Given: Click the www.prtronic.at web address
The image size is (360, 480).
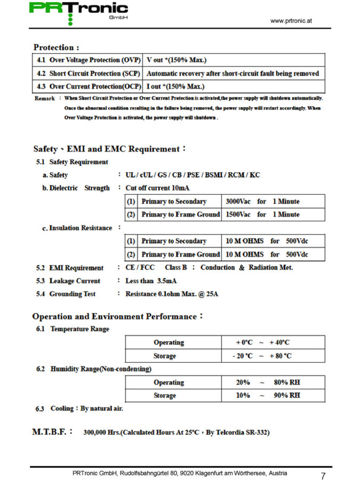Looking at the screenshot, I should coord(291,21).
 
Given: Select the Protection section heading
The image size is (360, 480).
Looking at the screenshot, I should coord(56,47).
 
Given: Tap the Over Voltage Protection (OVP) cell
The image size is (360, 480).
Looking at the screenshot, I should coord(88,60).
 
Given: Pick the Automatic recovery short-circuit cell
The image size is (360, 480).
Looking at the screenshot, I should coord(233,74).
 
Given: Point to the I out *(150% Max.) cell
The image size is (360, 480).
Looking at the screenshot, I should coord(176,86).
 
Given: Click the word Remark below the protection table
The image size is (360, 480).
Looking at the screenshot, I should coord(44,98).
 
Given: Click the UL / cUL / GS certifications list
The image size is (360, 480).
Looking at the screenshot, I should coord(192,175).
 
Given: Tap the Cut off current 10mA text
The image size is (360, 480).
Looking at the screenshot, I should coord(157,188).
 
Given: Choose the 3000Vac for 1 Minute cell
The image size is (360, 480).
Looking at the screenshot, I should coord(262,201).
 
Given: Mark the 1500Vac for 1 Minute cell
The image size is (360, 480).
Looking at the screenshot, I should coord(262,214).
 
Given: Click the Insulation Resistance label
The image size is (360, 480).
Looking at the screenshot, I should coord(80,228).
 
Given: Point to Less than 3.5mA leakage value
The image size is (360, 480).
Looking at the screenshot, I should coord(151,281).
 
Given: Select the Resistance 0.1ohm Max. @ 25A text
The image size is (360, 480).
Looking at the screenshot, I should coord(172,294).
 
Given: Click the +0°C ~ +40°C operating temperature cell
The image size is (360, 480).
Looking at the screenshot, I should coord(262,342).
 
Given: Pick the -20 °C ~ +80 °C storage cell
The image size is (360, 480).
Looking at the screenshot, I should coord(262,356).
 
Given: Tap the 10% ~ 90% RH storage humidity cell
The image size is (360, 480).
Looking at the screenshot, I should coord(268,395).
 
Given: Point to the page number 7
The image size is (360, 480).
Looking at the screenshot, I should coord(323,476).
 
